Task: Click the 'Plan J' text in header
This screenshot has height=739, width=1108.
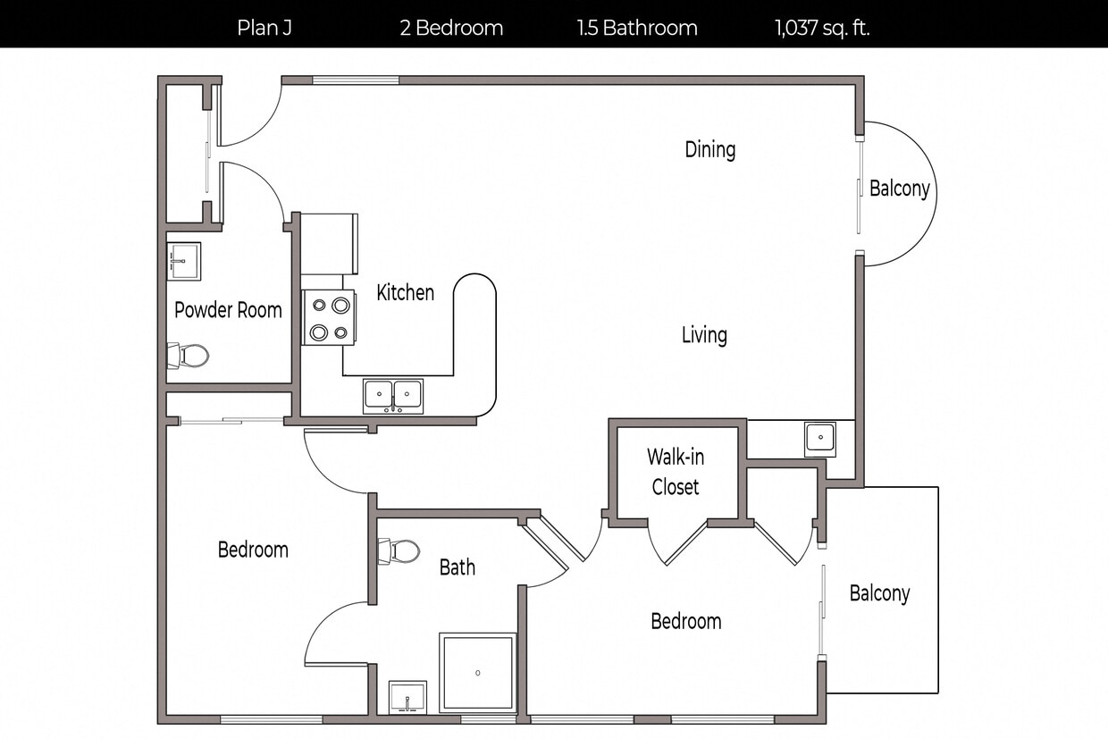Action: coord(264,28)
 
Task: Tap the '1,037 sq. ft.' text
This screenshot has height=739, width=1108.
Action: coord(822,28)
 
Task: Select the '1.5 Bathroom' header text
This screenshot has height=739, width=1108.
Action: coord(637,28)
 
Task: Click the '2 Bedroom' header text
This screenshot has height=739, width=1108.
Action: coord(451,28)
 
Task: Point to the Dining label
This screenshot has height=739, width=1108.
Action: coord(710,149)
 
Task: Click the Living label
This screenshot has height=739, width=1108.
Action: coord(704,335)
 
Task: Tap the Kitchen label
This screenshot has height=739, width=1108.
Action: coord(405,292)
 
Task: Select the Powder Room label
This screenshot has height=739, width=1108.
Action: coord(228,310)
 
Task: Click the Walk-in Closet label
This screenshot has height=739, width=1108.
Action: coord(676,472)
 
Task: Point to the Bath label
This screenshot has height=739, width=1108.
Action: coord(457,567)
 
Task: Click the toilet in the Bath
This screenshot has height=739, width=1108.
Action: coord(399,551)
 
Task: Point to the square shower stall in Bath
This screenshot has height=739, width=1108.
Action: coord(478,672)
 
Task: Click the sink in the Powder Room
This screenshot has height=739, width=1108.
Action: coord(184,261)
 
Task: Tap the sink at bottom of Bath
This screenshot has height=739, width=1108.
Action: coord(407,697)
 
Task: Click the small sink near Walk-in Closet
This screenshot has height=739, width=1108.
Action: coord(819,439)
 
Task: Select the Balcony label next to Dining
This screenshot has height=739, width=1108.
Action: coord(899,189)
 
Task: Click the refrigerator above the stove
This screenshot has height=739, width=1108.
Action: coord(329,243)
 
